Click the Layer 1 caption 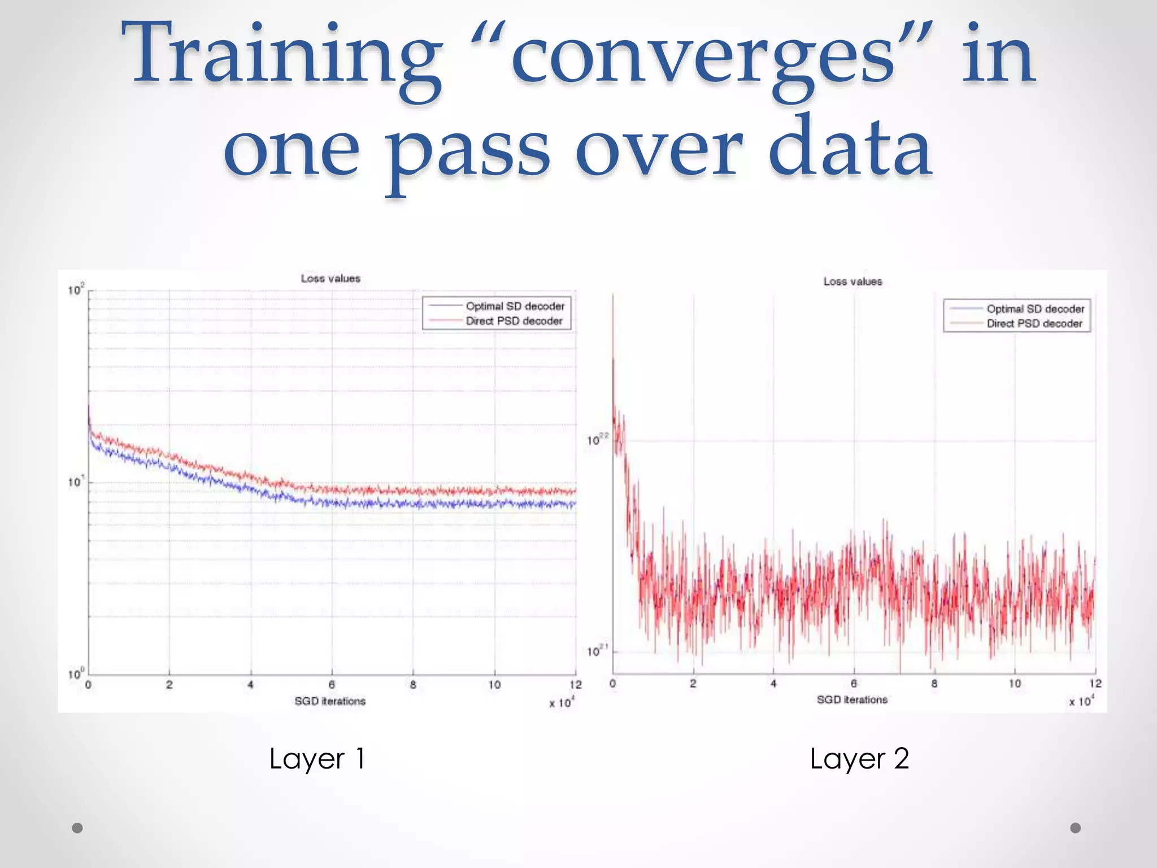point(317,759)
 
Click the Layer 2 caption point(859,759)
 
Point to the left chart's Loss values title point(330,279)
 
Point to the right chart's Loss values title point(852,281)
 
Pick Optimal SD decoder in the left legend point(515,306)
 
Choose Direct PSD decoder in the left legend point(514,321)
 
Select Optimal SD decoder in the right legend point(1035,309)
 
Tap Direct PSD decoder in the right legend point(1034,324)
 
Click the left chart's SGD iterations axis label point(330,701)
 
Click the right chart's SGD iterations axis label point(852,700)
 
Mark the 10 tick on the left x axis point(494,685)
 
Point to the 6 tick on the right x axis point(854,684)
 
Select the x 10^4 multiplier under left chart point(562,702)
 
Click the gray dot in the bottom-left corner point(77,828)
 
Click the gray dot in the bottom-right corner point(1076,828)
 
